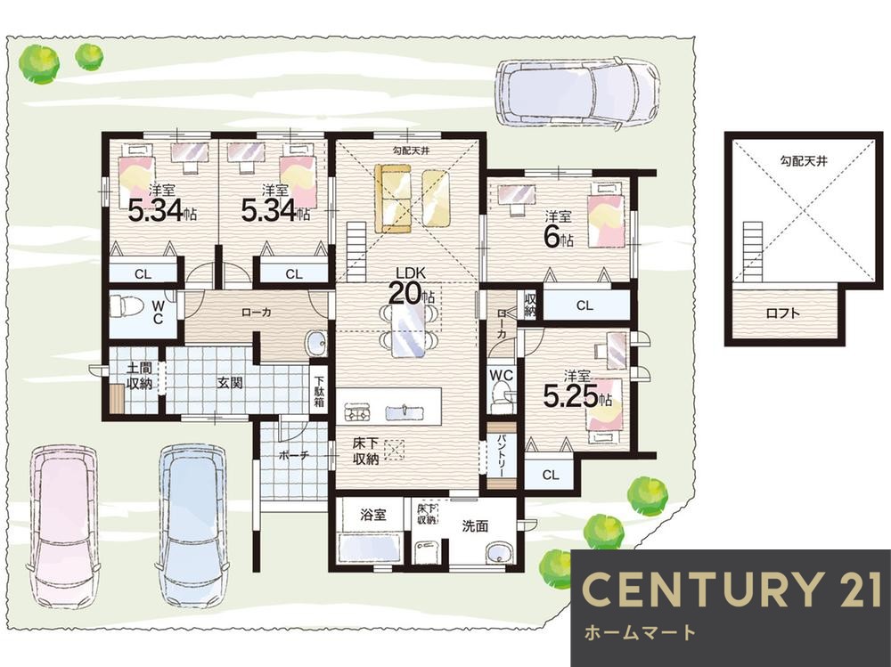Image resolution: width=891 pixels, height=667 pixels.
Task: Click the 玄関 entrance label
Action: coord(230,383)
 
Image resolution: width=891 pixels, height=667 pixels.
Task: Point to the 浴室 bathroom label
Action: coord(373,515)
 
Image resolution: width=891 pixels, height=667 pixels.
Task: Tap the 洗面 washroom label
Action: coord(475,526)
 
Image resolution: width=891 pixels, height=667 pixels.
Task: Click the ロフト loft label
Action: coord(783,313)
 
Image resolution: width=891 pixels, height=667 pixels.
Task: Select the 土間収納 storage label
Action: coord(139,376)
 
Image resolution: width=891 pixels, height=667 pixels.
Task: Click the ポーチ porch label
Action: coord(294,456)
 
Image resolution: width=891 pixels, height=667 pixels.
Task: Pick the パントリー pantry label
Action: coord(503,456)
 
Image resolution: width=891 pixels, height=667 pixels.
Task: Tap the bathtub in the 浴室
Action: coord(371,549)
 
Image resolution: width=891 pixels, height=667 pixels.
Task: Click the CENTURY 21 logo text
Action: coord(731,590)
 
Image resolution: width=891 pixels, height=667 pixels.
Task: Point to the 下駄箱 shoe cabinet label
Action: coord(319,393)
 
